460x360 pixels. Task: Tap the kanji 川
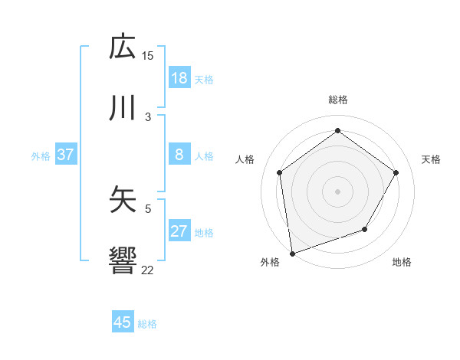click(123, 108)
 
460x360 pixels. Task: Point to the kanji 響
click(123, 260)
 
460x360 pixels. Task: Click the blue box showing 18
click(179, 77)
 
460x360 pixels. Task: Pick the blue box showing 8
click(179, 155)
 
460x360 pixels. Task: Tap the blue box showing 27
click(179, 231)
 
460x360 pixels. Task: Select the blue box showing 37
click(65, 155)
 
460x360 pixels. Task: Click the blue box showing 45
click(123, 322)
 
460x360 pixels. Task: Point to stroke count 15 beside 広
click(148, 55)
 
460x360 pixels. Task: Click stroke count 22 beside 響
click(148, 269)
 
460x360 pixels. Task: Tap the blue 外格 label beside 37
click(41, 155)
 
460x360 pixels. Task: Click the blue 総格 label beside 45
click(147, 323)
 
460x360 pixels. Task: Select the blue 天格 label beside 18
click(204, 78)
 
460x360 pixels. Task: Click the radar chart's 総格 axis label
click(337, 100)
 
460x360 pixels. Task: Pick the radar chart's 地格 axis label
click(402, 263)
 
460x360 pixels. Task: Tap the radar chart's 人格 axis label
click(245, 159)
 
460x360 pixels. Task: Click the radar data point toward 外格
click(292, 253)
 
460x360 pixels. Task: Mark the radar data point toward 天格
click(396, 172)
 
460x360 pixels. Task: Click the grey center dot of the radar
click(337, 191)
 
